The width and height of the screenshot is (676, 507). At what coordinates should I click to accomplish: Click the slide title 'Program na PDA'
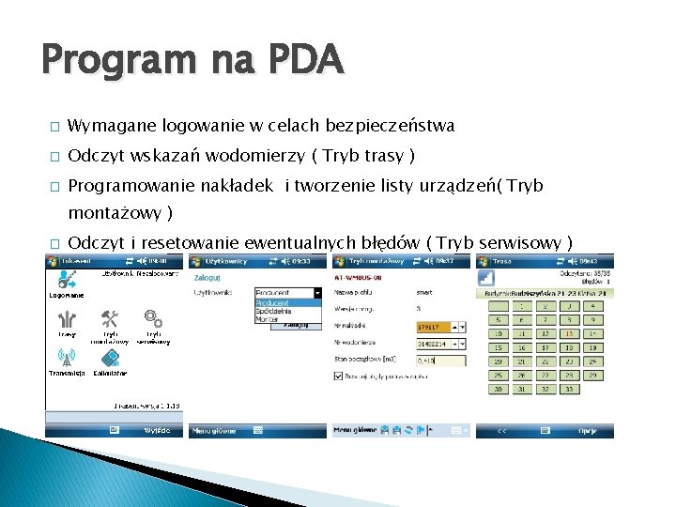(192, 61)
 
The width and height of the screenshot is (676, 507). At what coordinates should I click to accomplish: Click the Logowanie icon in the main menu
(67, 280)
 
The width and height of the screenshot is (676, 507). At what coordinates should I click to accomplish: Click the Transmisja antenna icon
(67, 359)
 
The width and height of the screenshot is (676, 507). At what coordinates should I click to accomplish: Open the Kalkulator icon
(110, 359)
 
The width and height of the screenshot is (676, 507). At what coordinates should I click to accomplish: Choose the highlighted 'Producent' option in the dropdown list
(274, 303)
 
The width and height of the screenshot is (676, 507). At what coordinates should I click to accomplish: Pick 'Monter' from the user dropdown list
(269, 319)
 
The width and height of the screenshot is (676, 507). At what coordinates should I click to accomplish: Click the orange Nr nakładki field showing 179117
(434, 327)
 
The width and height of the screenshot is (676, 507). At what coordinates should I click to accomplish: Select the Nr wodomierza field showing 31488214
(434, 343)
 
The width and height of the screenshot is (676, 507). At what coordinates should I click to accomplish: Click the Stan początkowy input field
(439, 360)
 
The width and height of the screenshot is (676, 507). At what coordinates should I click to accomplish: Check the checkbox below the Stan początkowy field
(339, 376)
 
